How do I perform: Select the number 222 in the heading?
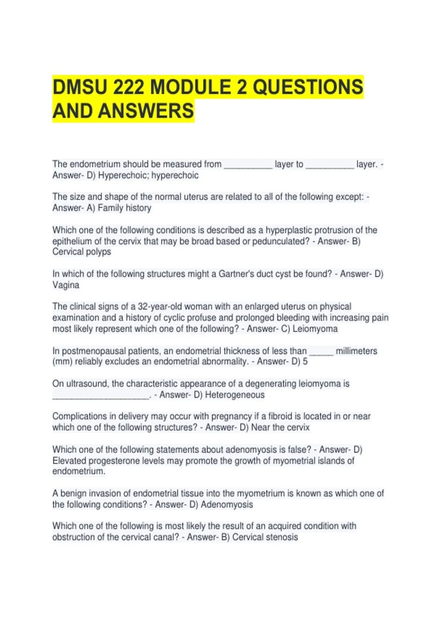coord(128,87)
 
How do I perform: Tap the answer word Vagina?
coord(66,285)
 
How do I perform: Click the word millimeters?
coord(356,351)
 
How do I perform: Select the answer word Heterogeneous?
coord(235,395)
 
